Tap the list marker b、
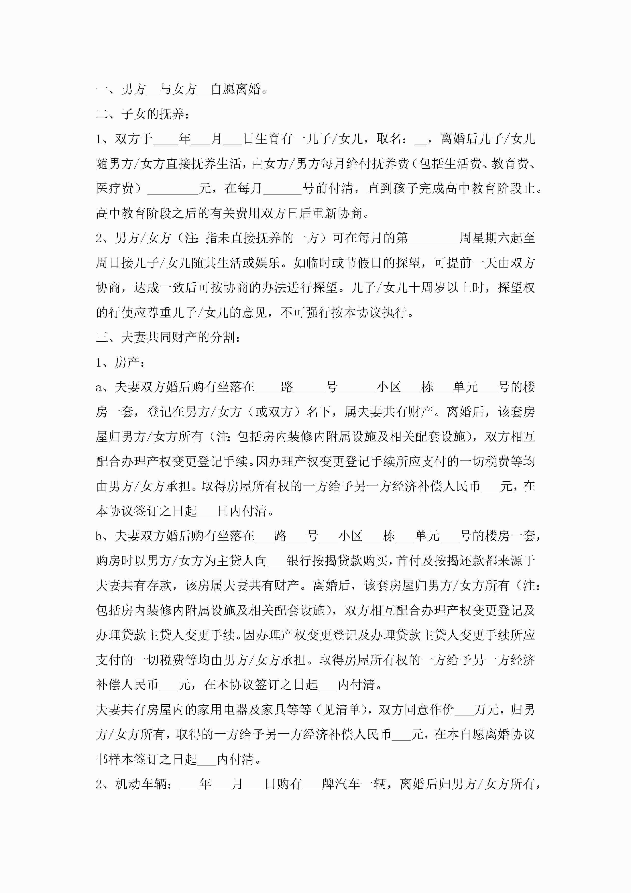(103, 536)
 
